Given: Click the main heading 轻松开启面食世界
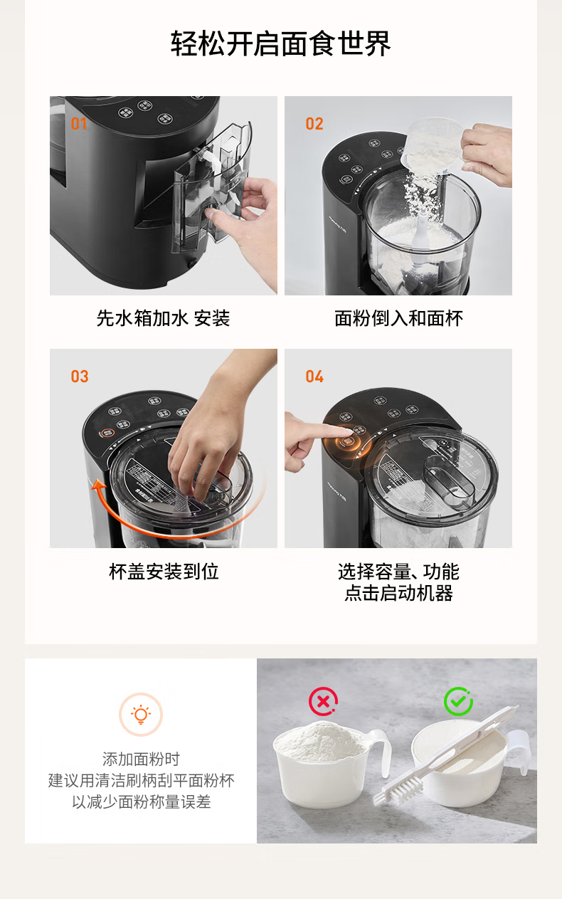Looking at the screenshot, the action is (x=281, y=43).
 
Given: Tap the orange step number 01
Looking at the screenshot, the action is (x=79, y=124).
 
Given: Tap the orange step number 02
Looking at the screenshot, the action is (x=314, y=124).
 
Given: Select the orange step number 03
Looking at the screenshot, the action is (x=80, y=377).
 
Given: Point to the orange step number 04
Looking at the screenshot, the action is (x=314, y=377).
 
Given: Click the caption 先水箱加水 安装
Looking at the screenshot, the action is (x=164, y=319).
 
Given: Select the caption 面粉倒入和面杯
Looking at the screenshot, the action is (x=398, y=319).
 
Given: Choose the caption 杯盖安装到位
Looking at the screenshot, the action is (x=164, y=572).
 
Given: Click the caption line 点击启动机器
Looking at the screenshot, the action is (x=398, y=593).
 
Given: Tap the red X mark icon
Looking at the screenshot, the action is (x=323, y=702).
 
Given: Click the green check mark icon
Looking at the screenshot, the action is (x=458, y=702).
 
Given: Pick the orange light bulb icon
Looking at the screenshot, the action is (x=141, y=715).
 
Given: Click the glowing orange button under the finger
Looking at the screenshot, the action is (x=347, y=442).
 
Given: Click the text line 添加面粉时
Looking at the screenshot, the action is (x=141, y=759).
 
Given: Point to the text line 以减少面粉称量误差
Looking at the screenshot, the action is (x=141, y=801).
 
